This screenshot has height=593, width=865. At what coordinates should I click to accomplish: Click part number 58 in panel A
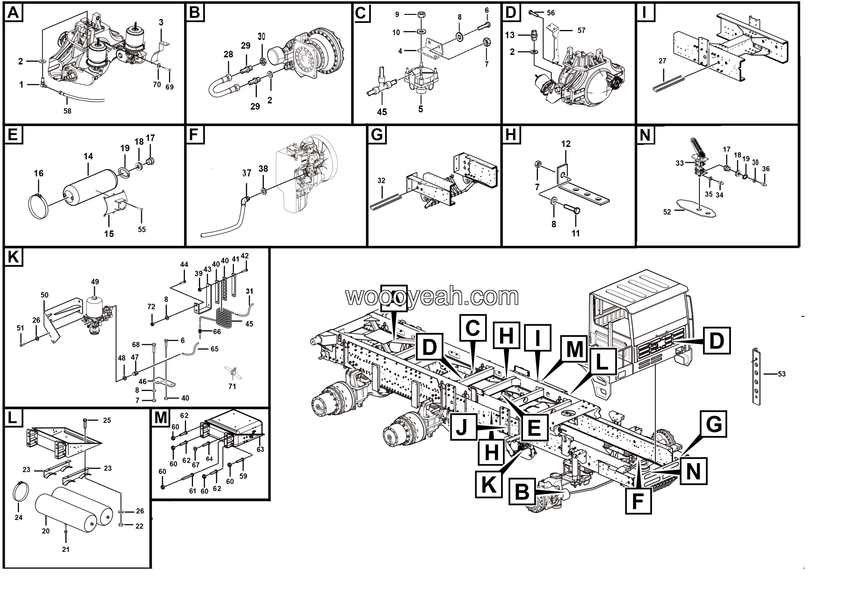67,111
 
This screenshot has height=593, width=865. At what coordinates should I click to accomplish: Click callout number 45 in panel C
382,112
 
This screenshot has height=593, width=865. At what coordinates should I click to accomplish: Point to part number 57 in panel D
581,30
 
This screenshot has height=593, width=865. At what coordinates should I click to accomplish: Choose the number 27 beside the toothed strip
662,61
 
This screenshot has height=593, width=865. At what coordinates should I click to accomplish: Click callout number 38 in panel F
263,169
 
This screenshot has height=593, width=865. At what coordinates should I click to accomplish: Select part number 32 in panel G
381,181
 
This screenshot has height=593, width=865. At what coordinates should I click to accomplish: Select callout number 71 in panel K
232,387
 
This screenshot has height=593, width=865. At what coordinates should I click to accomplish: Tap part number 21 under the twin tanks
66,549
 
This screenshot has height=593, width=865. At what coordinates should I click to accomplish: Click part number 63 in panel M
260,450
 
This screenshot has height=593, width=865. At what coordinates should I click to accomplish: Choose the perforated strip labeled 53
757,376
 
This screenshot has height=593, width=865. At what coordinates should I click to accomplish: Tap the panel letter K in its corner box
14,257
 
